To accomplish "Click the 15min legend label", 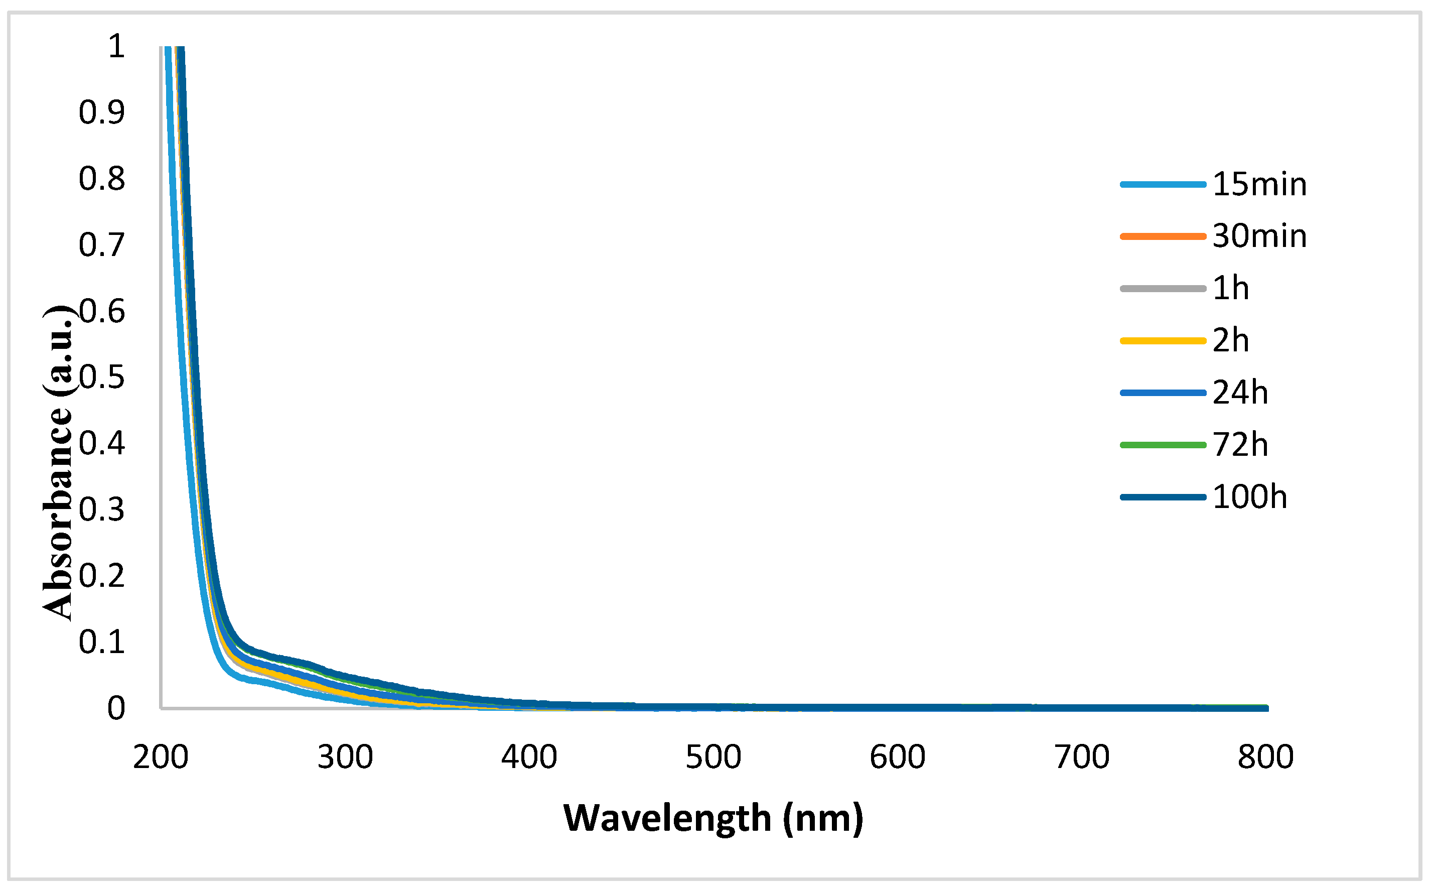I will point(1259,185).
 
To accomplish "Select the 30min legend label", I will point(1259,236).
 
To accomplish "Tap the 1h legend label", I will point(1231,289).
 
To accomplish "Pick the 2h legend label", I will point(1231,341).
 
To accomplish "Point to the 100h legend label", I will point(1249,497).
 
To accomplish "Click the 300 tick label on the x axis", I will point(345,757).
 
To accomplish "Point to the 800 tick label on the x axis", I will point(1266,757).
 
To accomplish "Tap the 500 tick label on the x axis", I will point(713,757).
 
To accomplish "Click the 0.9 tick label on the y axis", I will point(102,112).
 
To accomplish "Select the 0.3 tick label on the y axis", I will point(102,510).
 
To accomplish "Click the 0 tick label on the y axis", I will point(116,709).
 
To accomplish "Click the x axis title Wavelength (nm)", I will point(713,819).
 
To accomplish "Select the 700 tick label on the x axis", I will point(1082,757).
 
